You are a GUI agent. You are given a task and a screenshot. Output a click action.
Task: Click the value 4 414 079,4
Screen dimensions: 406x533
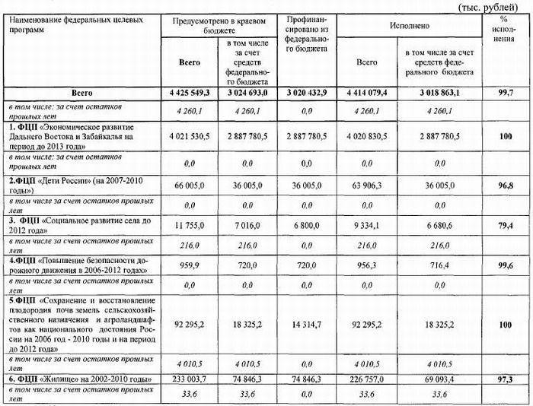[x=365, y=92]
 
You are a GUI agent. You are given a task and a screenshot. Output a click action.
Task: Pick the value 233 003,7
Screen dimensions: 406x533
[x=185, y=378]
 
